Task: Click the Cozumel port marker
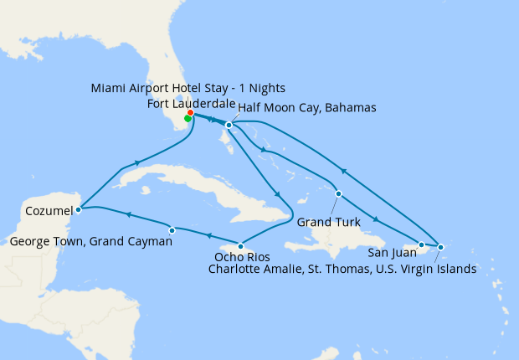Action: click(x=78, y=209)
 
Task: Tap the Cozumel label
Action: click(x=49, y=210)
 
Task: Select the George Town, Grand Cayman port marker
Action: click(x=172, y=229)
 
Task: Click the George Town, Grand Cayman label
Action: click(x=93, y=242)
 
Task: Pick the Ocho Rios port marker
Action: click(x=241, y=246)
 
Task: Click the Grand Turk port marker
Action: click(x=338, y=194)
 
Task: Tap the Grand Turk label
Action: click(x=328, y=223)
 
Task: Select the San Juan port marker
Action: click(x=421, y=244)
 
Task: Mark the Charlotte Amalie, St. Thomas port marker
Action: click(x=440, y=247)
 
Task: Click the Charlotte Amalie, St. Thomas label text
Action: click(x=342, y=269)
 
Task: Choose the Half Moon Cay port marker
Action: click(x=229, y=126)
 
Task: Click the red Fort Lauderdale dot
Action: click(x=191, y=112)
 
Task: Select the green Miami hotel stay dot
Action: click(x=188, y=118)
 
